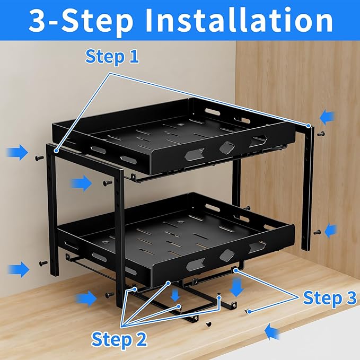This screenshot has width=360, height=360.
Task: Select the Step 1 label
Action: coord(112,57)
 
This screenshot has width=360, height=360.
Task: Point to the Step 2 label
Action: coord(119,339)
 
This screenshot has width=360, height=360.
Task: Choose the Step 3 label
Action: coord(329,298)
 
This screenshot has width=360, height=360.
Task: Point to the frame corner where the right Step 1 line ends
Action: coord(308,126)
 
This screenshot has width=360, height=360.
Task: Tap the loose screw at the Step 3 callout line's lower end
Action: coord(247,310)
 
